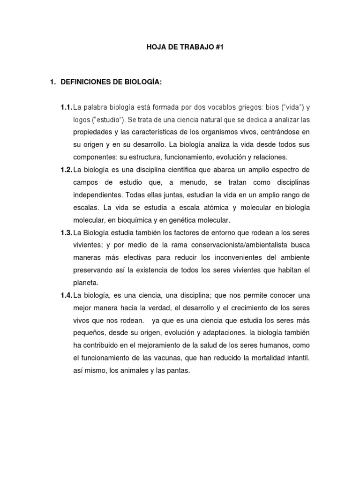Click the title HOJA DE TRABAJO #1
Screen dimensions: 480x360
[x=180, y=47]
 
